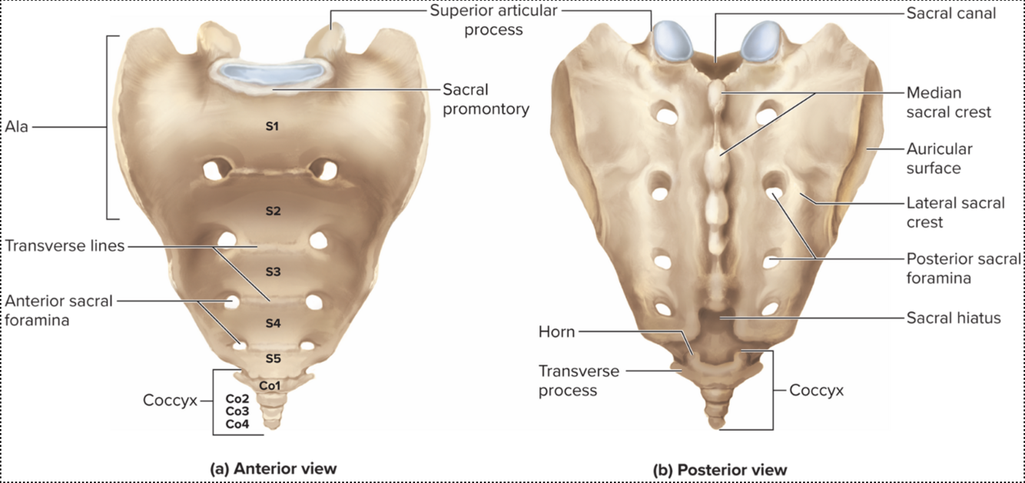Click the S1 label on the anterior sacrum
click(271, 126)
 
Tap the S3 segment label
click(273, 271)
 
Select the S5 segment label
click(274, 358)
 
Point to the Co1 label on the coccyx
click(270, 385)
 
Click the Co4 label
click(237, 424)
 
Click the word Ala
click(16, 127)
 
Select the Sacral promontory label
click(486, 99)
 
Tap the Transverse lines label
click(65, 246)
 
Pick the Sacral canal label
click(951, 13)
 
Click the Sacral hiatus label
click(954, 317)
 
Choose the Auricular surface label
click(939, 158)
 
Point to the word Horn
click(556, 332)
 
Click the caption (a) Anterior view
click(274, 468)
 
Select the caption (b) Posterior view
click(719, 469)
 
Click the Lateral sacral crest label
click(955, 212)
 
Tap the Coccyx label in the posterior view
click(816, 391)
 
